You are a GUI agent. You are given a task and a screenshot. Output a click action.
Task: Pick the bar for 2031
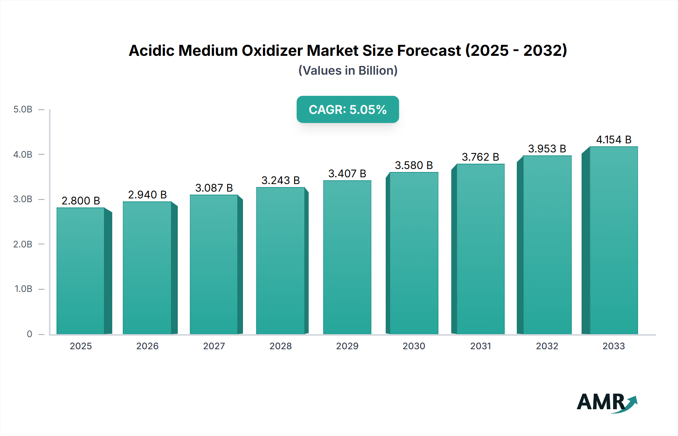point(480,249)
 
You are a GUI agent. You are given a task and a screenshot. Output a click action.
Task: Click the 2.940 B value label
point(147,195)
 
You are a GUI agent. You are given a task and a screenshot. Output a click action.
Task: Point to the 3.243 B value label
point(281,180)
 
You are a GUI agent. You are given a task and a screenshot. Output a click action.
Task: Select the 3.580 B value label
point(414,165)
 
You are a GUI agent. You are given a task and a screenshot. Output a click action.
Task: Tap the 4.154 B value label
point(614,140)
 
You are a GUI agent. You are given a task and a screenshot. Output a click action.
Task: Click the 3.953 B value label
point(547,149)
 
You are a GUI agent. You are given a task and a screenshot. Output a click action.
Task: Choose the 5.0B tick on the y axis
point(23,109)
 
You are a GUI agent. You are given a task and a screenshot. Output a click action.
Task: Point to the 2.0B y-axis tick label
point(23,244)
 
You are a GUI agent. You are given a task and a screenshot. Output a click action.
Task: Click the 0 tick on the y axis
point(29,334)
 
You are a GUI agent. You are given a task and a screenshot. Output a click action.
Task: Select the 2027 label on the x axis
point(214,346)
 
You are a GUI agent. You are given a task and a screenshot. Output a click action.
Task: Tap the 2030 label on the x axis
point(414,346)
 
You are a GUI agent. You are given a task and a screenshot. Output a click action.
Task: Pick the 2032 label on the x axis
point(547,346)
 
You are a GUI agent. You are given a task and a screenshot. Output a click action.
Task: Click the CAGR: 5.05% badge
point(348,109)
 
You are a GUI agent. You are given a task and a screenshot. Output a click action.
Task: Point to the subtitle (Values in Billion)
point(348,71)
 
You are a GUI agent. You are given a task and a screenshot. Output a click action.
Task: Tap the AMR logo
point(606,402)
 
